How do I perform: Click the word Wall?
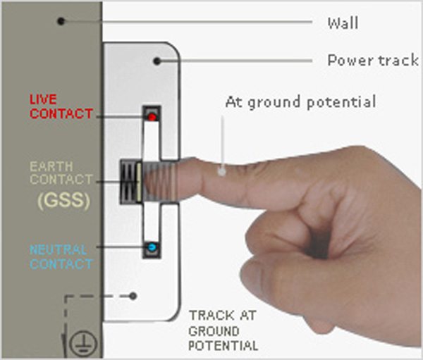pos(343,23)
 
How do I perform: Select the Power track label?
pos(373,61)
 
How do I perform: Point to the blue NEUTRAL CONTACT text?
pos(61,257)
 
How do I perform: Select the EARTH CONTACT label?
pos(61,174)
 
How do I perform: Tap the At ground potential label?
pos(300,102)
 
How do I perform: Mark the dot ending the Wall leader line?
pos(61,21)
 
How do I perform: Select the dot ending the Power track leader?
pos(157,61)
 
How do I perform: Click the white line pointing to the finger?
pos(223,141)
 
